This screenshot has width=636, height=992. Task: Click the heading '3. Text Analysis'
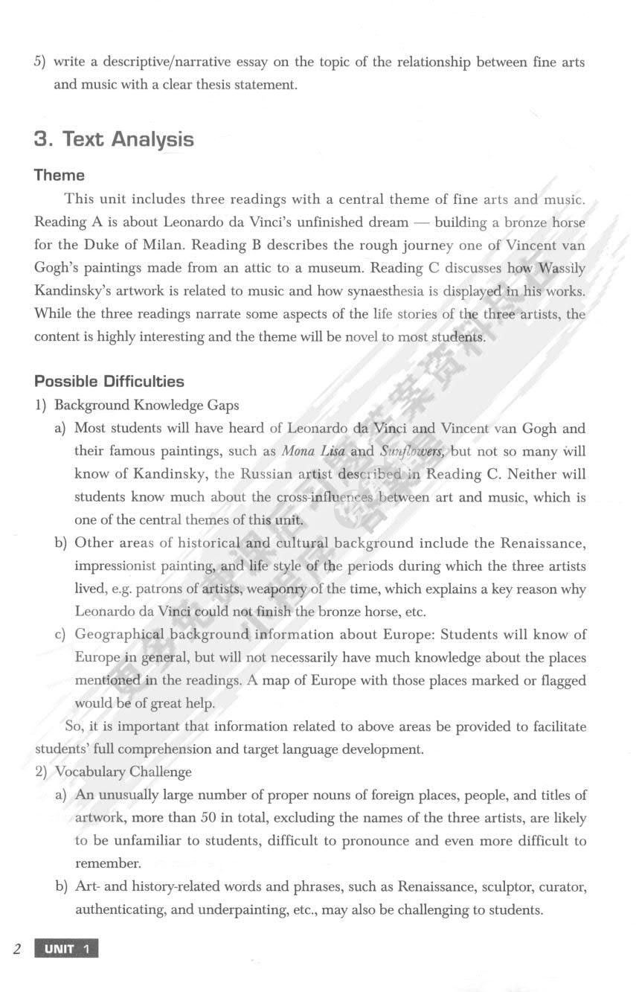tap(114, 139)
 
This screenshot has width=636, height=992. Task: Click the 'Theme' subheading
tap(60, 176)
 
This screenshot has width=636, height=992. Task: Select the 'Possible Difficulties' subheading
tap(109, 381)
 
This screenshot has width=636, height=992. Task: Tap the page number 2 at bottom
tap(16, 949)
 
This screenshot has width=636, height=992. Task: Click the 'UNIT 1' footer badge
tap(67, 949)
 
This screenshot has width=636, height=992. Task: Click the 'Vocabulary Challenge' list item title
tap(123, 772)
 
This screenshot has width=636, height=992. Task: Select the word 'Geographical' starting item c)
tap(121, 635)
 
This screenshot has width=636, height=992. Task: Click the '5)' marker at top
tap(40, 62)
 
